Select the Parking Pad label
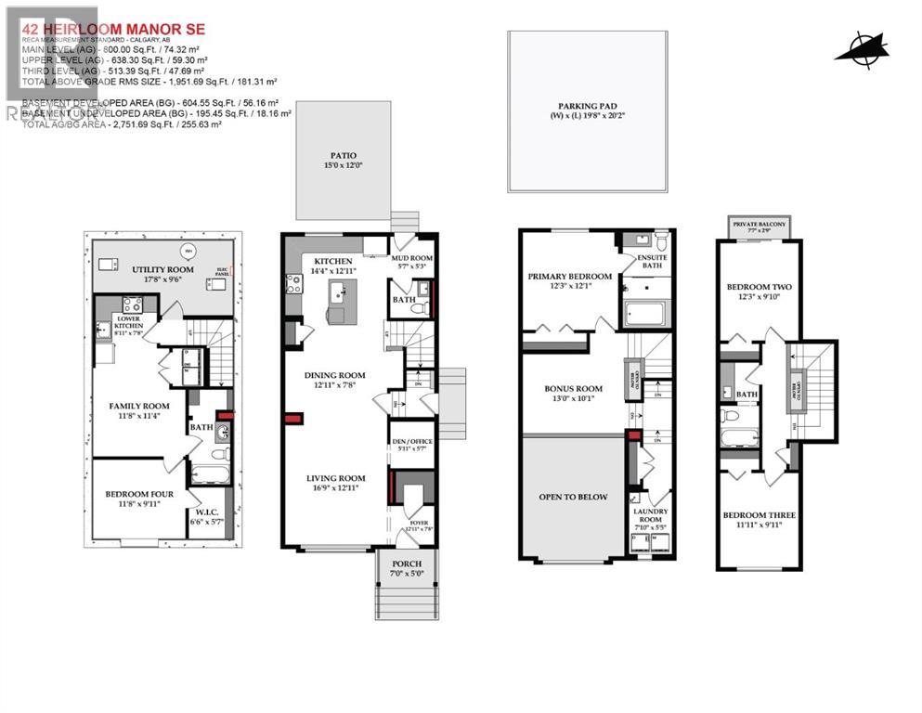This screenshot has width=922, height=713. pyautogui.click(x=587, y=107)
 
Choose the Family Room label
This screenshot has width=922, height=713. pyautogui.click(x=138, y=406)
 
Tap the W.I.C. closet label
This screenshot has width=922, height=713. pyautogui.click(x=205, y=512)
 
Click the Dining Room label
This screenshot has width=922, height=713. pyautogui.click(x=335, y=375)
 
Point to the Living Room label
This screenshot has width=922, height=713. pyautogui.click(x=335, y=478)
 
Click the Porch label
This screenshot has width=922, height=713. pyautogui.click(x=407, y=564)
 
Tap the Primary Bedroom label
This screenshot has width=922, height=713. pyautogui.click(x=569, y=277)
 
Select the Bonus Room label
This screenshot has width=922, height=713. pyautogui.click(x=573, y=389)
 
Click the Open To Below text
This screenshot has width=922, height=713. pyautogui.click(x=573, y=497)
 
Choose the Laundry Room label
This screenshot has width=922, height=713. pyautogui.click(x=650, y=514)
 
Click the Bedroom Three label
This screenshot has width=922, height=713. pyautogui.click(x=760, y=514)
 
